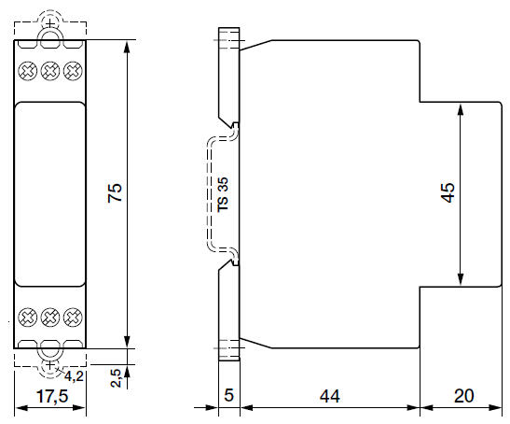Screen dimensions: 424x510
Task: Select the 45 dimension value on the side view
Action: tap(448, 193)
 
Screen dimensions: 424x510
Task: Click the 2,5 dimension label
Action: tap(114, 378)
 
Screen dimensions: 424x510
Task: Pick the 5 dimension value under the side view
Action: tap(228, 395)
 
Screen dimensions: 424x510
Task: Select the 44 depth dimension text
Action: tap(328, 395)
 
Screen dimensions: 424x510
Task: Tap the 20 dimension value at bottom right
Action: tap(463, 395)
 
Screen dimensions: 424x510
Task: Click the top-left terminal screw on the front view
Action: tap(28, 69)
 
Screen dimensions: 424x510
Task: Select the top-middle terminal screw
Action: tap(49, 69)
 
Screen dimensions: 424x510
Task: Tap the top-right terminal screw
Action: tap(71, 69)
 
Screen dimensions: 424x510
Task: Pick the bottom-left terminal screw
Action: tap(28, 316)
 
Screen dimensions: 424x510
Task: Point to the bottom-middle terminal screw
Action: tap(49, 316)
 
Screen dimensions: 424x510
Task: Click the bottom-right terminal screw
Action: tap(71, 316)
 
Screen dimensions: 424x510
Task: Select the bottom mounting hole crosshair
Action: tap(49, 360)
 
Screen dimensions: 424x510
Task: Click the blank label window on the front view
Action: tap(49, 193)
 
